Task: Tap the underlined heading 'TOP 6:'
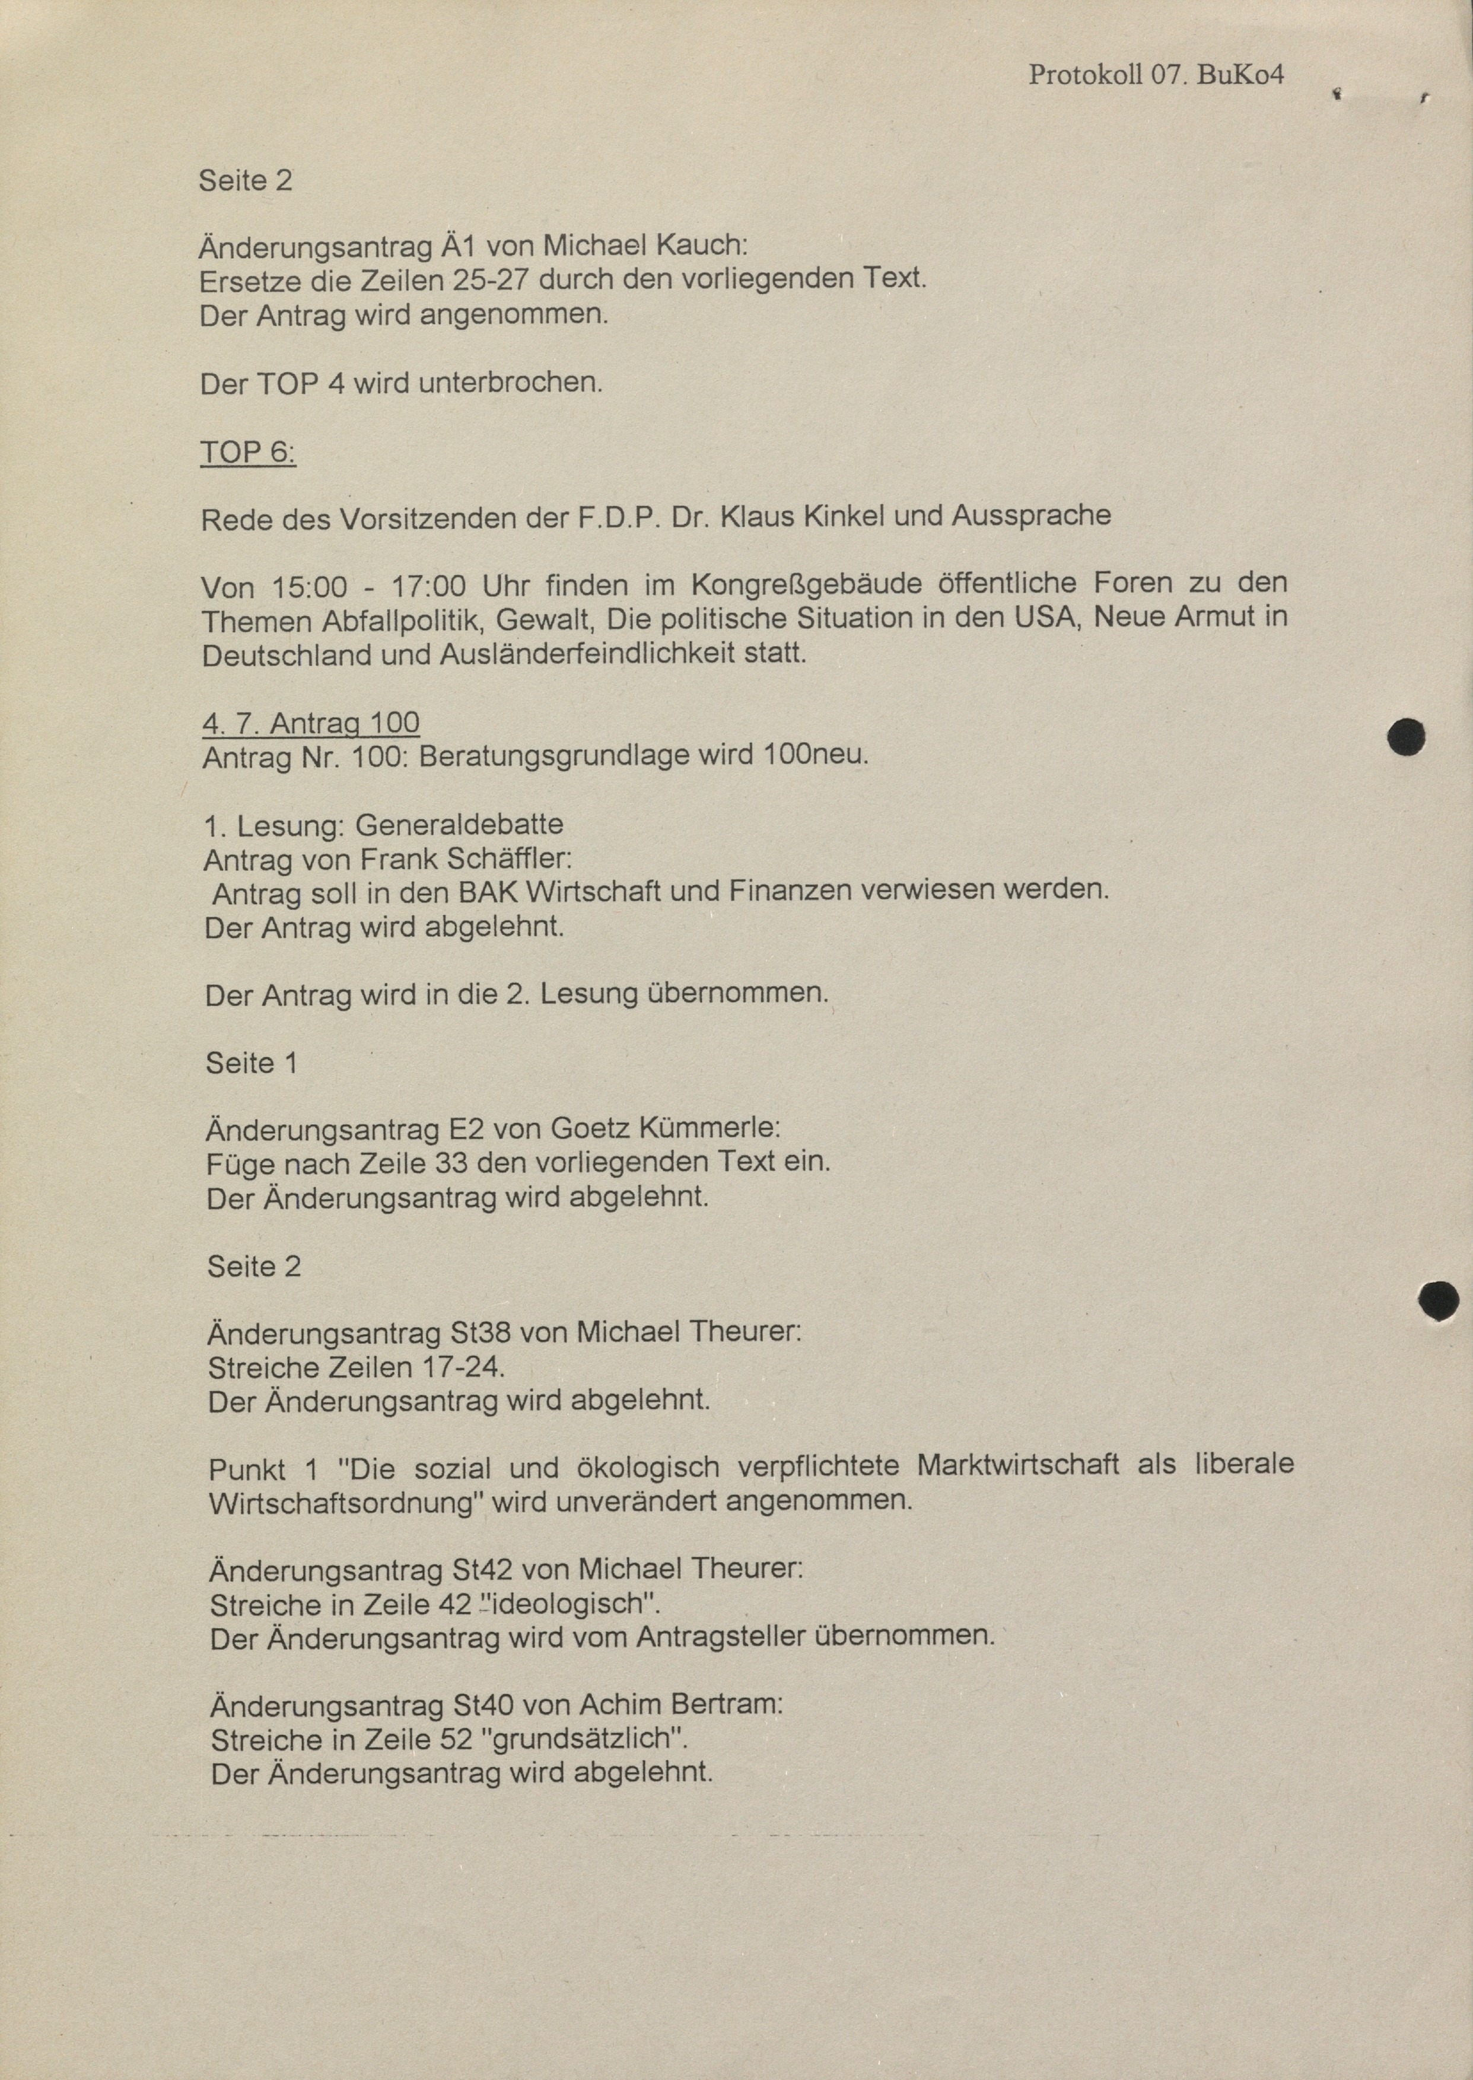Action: [x=247, y=451]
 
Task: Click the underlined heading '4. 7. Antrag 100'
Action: [x=311, y=723]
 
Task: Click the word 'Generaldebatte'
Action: [x=459, y=825]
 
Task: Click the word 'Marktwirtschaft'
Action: [x=1017, y=1466]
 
